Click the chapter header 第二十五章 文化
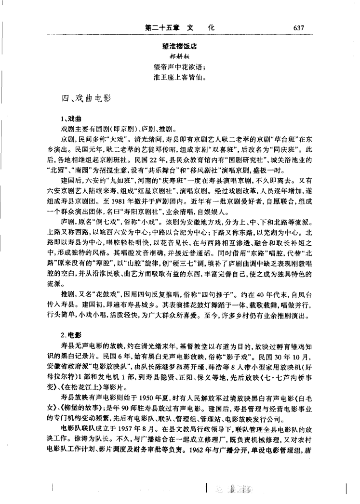(x=178, y=27)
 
